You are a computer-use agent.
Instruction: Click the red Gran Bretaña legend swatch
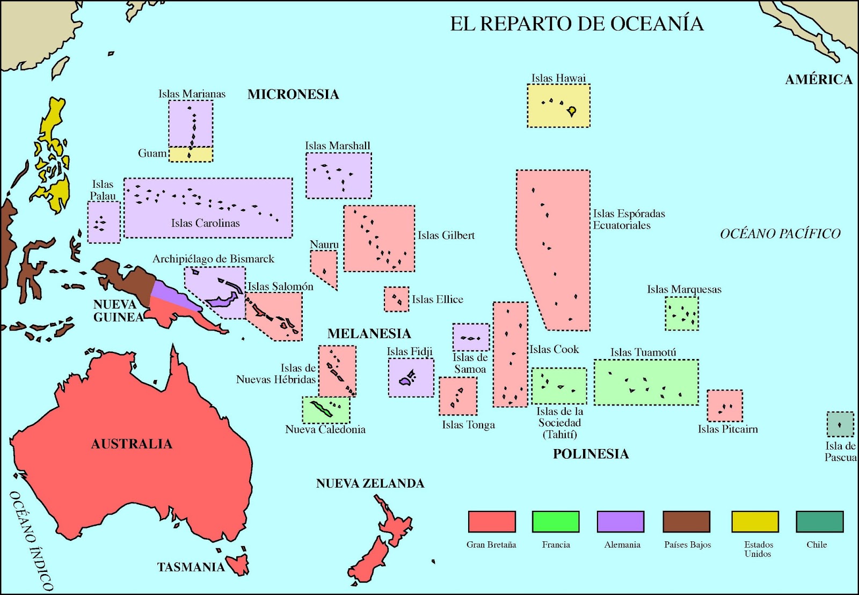point(492,521)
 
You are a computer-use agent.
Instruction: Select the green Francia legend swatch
point(556,521)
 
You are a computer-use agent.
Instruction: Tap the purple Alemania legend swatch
point(620,521)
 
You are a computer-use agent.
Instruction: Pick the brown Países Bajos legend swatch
point(686,521)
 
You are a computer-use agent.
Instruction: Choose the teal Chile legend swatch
point(819,521)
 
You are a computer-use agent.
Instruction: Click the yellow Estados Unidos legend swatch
point(755,521)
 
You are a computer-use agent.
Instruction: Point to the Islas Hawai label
point(558,78)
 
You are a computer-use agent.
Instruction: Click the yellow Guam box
point(191,155)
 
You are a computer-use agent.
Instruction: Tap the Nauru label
point(324,245)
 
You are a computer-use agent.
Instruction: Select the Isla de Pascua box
point(840,424)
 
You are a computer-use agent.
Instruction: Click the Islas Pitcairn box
point(725,406)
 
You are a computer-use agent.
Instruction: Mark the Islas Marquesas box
point(682,314)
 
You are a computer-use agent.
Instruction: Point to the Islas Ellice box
point(396,299)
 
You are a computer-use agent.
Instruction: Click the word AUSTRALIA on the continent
point(132,444)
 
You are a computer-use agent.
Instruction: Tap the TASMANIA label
point(191,567)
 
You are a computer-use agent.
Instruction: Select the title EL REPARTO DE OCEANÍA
point(577,24)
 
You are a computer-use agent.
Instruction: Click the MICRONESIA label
point(293,94)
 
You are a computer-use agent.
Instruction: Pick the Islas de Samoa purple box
point(471,337)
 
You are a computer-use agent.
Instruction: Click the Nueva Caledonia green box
point(326,410)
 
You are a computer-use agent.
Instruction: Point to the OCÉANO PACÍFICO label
point(780,233)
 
